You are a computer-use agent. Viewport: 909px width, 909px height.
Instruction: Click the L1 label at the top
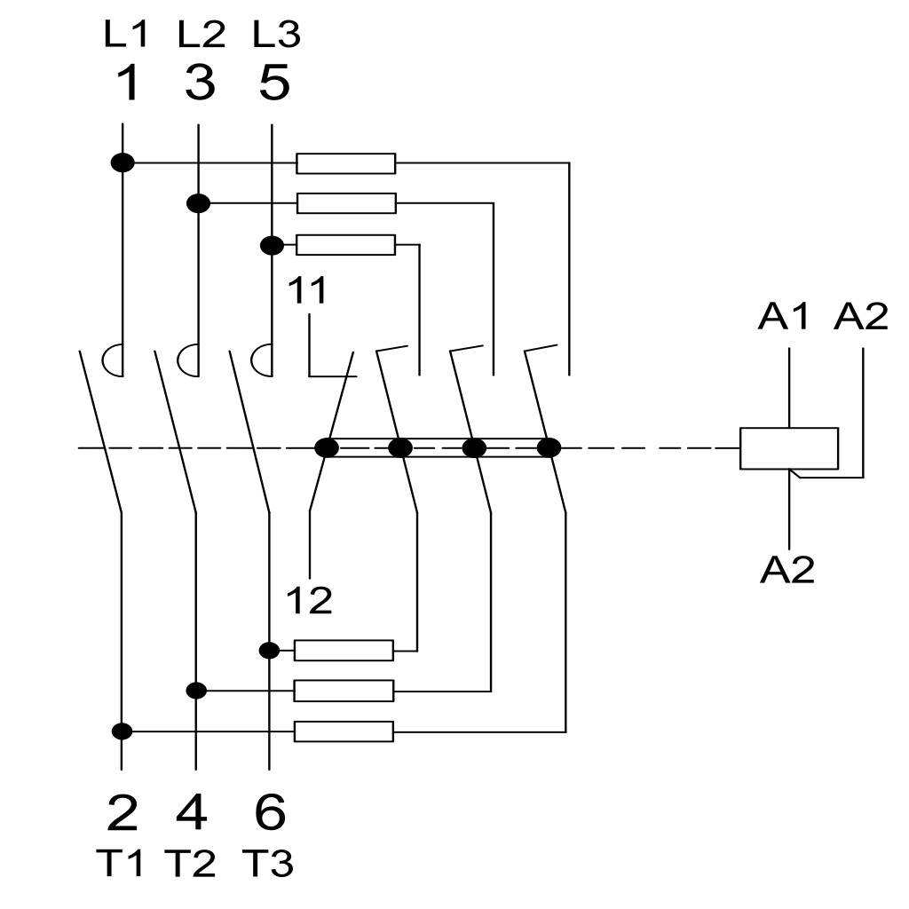click(126, 34)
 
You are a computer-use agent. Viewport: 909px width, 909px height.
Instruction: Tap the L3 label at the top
click(277, 34)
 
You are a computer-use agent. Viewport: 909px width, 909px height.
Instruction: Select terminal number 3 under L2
click(200, 83)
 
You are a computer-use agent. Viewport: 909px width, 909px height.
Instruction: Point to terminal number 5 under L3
click(274, 83)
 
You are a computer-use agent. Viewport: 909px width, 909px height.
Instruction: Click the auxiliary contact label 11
click(306, 290)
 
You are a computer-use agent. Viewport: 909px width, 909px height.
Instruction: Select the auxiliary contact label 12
click(309, 600)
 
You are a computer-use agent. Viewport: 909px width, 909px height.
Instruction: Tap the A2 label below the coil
click(786, 569)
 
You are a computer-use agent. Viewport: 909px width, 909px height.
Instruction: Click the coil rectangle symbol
click(789, 448)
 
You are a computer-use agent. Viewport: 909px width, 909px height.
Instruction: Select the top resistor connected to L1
click(346, 163)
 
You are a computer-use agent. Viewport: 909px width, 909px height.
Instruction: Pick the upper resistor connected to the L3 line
click(346, 245)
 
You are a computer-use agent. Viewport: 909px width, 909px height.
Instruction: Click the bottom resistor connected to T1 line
click(344, 731)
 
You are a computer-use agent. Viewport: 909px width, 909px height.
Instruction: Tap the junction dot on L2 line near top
click(198, 203)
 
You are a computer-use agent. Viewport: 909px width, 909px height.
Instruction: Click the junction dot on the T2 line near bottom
click(196, 691)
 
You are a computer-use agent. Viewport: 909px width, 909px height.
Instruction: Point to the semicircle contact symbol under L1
click(113, 360)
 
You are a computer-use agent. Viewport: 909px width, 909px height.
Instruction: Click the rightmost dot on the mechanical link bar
click(549, 448)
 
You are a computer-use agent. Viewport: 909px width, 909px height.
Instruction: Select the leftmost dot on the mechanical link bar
click(327, 448)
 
